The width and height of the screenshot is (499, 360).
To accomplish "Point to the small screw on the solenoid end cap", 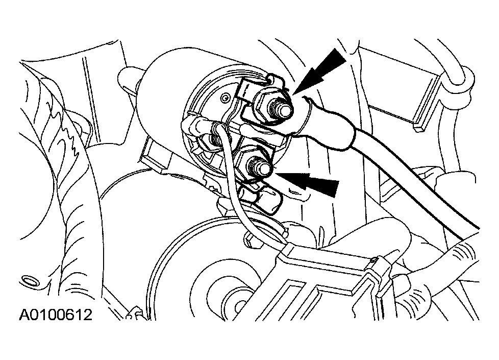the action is (x=226, y=97).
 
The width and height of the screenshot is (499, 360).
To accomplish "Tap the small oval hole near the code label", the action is (x=30, y=281).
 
